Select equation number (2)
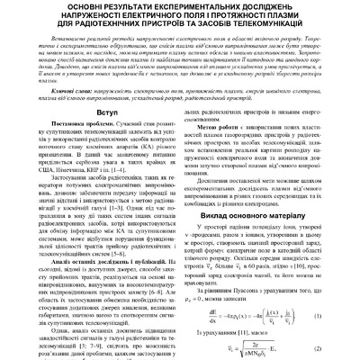tap(347, 343)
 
